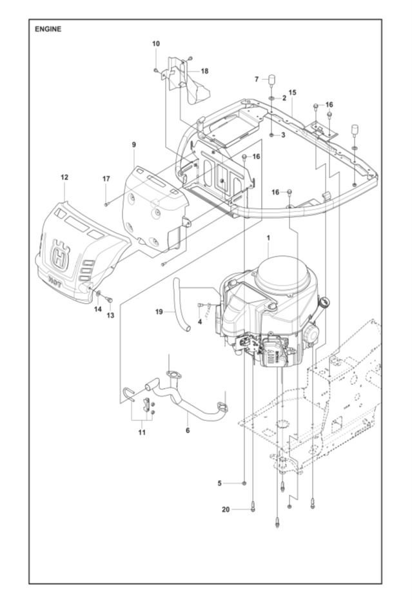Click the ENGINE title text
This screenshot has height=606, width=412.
(48, 29)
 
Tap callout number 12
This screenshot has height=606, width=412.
(64, 177)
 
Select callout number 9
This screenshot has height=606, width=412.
(133, 145)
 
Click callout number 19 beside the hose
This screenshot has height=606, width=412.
(159, 312)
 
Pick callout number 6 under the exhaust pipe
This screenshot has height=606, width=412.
(188, 430)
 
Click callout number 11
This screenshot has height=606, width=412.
(142, 433)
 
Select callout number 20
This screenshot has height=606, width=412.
(226, 510)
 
